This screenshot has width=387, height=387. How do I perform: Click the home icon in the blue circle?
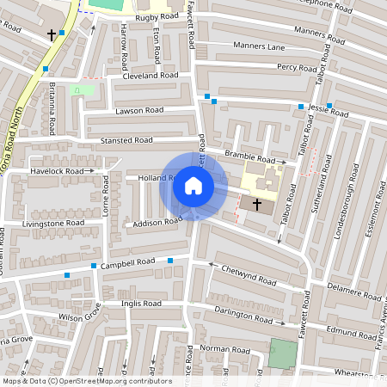(x=193, y=184)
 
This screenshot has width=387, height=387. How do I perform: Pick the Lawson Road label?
(x=139, y=111)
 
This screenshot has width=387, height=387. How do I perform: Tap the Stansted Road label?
(x=126, y=139)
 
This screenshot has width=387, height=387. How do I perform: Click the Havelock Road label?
(x=60, y=171)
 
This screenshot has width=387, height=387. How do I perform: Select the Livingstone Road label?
(x=54, y=223)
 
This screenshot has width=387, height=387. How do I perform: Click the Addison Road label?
(x=153, y=223)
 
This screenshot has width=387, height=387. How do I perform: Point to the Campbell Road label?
(x=127, y=261)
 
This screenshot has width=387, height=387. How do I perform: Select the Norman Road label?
(x=224, y=349)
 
